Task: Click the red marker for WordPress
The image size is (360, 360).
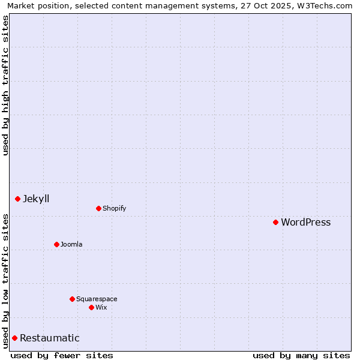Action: (275, 222)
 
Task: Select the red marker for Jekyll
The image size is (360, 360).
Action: (17, 199)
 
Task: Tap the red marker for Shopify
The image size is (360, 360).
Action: (98, 208)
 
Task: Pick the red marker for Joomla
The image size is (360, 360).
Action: (56, 244)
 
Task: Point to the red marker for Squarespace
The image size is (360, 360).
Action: (72, 299)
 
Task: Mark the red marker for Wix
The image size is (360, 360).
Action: (91, 307)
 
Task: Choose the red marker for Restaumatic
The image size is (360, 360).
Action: (14, 338)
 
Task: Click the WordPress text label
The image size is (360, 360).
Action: (305, 222)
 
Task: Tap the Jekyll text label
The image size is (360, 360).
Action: (36, 199)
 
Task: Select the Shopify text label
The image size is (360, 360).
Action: (114, 208)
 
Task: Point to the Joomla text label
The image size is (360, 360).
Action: (71, 244)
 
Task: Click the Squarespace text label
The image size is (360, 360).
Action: (97, 299)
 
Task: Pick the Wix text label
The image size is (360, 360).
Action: (101, 307)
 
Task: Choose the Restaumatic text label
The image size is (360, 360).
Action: (49, 338)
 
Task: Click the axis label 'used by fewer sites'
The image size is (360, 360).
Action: (62, 355)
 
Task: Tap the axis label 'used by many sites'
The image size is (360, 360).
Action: (301, 355)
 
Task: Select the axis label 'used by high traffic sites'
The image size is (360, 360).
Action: (5, 85)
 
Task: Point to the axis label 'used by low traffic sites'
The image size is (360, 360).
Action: (5, 281)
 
